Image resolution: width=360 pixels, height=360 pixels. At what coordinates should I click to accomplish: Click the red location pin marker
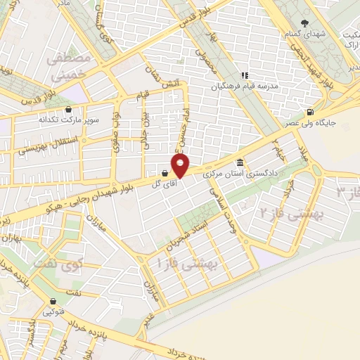click(x=181, y=166)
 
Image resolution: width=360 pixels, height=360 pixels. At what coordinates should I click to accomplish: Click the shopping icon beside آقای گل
click(x=165, y=172)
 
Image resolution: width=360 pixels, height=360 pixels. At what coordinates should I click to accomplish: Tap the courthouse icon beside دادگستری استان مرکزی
click(x=240, y=161)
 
